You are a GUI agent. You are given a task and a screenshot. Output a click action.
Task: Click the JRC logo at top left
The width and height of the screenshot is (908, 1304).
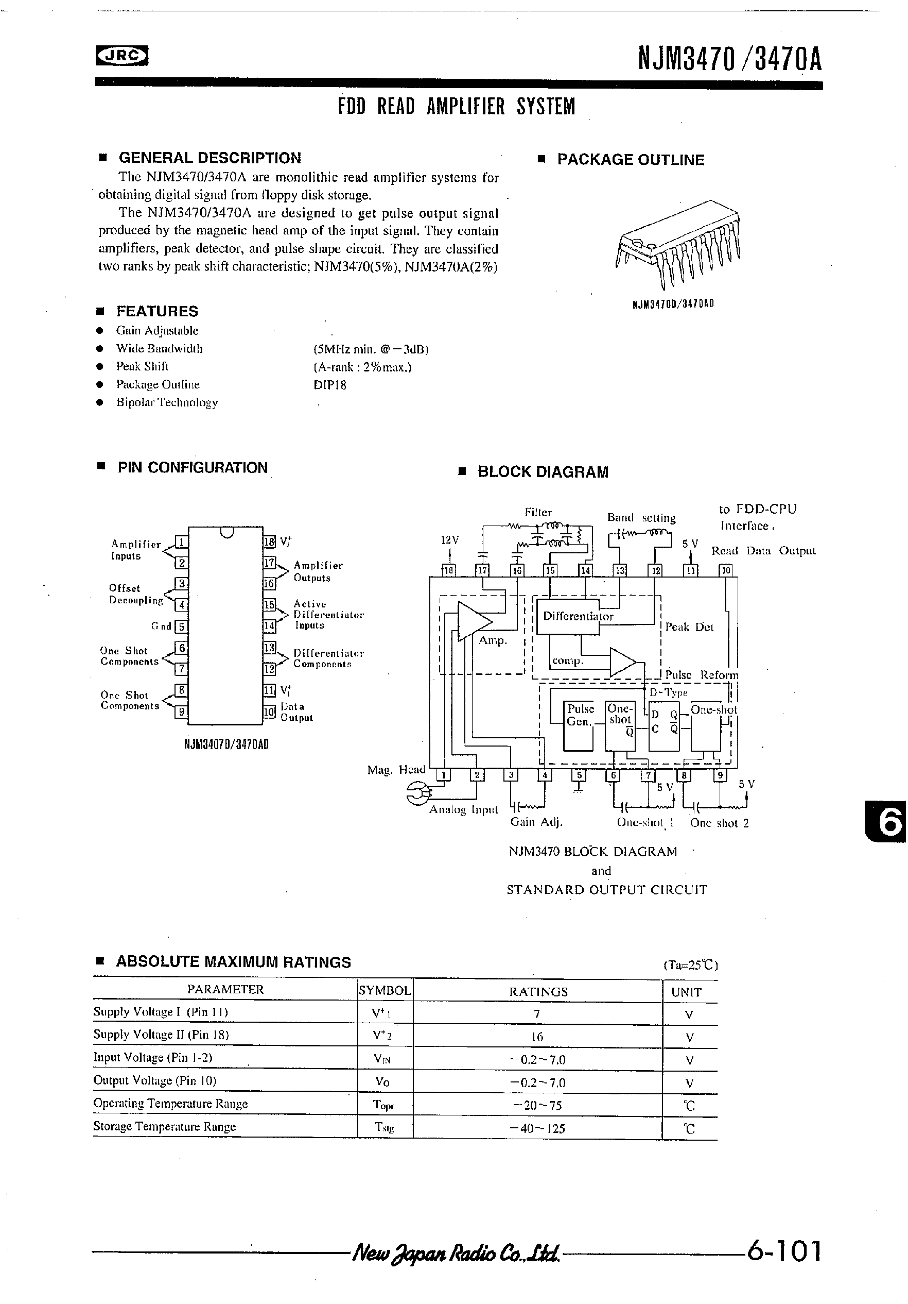[121, 56]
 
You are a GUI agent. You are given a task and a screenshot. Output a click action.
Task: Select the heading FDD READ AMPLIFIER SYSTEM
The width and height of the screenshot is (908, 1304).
[456, 106]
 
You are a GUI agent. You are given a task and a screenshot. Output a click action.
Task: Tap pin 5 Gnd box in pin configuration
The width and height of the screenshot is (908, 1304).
[181, 626]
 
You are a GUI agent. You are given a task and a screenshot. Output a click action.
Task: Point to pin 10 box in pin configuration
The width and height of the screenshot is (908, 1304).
[269, 712]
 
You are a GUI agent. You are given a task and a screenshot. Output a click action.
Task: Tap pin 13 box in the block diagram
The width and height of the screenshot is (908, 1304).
[620, 570]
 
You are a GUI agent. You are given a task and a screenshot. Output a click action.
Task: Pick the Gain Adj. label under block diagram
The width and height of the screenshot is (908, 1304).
[536, 822]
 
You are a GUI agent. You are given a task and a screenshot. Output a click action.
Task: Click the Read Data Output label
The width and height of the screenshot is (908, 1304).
[763, 550]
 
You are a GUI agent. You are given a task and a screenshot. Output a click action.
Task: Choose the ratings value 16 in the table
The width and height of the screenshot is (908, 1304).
[537, 1037]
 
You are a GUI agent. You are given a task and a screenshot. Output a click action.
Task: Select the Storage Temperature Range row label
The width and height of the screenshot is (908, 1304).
[165, 1127]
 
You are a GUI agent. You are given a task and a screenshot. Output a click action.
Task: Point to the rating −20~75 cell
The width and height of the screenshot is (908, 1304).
[537, 1105]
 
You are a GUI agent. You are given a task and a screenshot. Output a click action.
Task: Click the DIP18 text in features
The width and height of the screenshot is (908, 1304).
[330, 385]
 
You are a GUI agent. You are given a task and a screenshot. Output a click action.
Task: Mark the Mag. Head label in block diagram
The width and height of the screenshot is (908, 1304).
[396, 770]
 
